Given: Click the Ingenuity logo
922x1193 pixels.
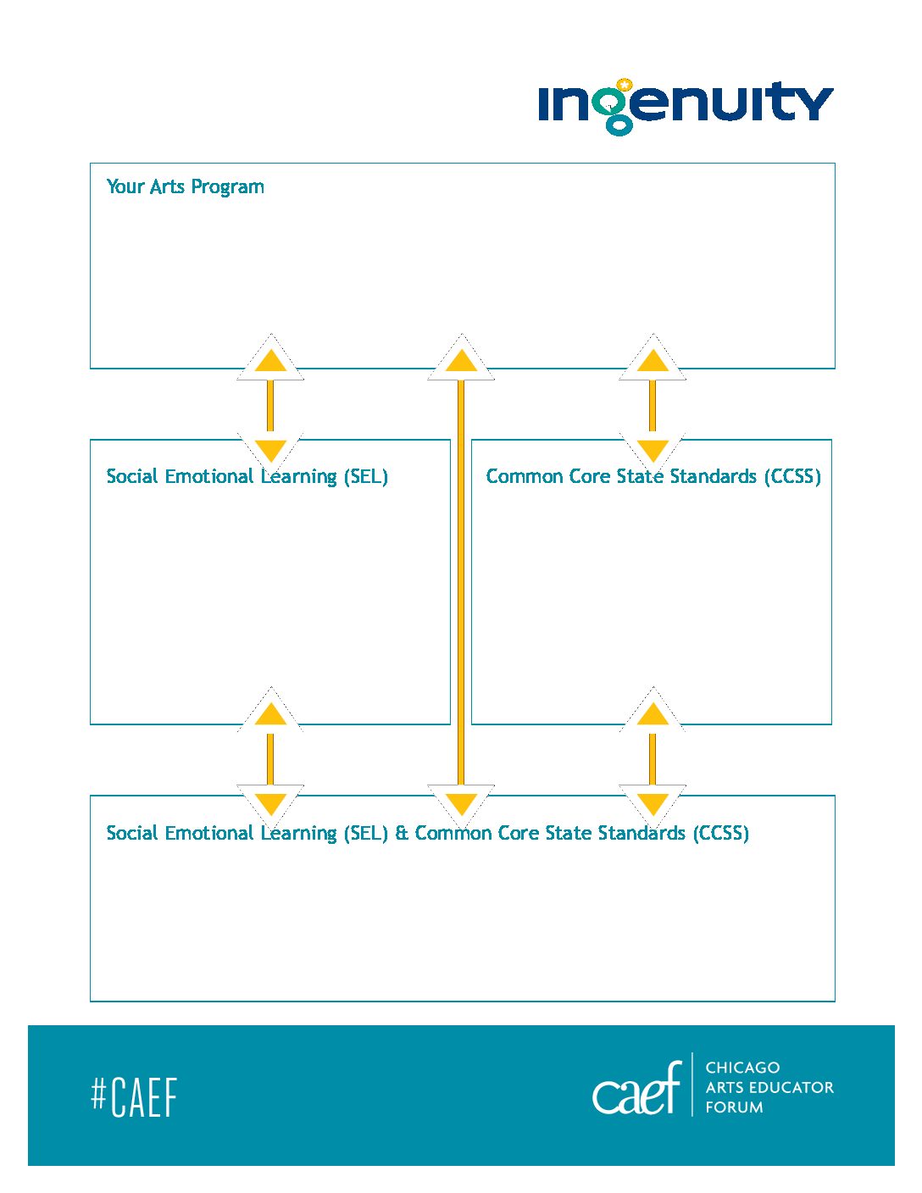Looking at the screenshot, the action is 686,107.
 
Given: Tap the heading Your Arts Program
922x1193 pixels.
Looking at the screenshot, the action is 185,187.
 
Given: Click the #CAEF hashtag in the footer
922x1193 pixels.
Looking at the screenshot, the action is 134,1097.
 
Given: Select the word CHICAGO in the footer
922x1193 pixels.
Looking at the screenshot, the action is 742,1068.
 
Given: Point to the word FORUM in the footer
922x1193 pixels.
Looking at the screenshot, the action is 734,1107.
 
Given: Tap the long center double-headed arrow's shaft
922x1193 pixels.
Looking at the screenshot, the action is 461,582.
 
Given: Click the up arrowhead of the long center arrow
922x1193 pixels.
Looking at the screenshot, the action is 461,360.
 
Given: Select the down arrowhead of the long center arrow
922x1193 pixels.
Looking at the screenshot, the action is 461,804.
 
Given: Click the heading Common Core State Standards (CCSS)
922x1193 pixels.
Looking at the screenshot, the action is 653,476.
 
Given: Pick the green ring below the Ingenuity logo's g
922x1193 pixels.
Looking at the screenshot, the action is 619,126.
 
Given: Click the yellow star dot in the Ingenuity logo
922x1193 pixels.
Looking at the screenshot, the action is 624,85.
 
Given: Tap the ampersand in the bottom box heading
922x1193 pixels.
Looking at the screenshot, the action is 402,833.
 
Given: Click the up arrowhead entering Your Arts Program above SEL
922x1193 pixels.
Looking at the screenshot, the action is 270,360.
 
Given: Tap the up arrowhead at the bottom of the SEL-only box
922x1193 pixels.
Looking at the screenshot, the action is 270,713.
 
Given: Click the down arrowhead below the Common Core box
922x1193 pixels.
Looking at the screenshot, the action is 653,804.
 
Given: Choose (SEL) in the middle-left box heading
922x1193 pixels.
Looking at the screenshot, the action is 366,476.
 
